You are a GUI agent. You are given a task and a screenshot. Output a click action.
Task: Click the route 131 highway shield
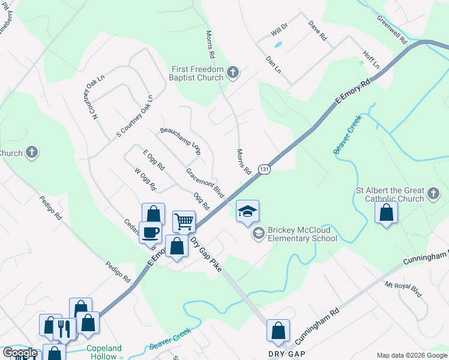point(263,170)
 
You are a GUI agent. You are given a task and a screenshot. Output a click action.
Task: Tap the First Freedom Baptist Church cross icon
point(234,74)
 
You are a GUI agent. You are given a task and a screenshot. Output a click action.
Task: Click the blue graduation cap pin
point(247,211)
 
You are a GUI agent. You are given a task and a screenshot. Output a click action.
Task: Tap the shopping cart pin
point(184,221)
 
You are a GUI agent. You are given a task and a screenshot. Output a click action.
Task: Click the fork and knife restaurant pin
point(63,328)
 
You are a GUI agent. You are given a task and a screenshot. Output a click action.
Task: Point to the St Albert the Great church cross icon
point(434,194)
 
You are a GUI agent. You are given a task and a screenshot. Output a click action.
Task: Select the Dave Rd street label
point(318,31)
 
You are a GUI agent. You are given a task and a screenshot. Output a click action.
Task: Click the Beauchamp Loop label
point(179,141)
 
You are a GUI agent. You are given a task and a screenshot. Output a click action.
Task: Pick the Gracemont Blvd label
point(205,183)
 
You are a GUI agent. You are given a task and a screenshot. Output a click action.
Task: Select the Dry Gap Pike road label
point(206,255)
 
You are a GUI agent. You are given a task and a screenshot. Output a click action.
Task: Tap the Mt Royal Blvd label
point(403,290)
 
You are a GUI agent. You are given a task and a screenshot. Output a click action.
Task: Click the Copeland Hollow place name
point(104,352)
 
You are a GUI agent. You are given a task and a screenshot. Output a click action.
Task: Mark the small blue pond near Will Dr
point(278,44)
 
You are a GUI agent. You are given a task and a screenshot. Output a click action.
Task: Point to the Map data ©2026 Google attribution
point(411,355)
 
